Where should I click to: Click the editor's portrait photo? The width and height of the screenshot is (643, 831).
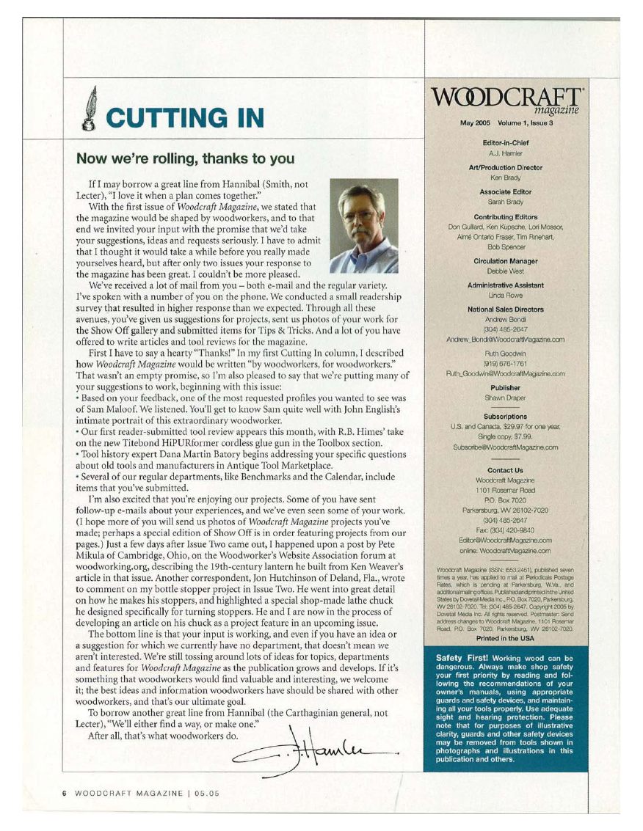pyautogui.click(x=364, y=226)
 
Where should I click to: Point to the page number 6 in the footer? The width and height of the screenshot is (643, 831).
pyautogui.click(x=65, y=793)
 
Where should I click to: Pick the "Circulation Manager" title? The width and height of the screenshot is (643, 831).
pyautogui.click(x=505, y=261)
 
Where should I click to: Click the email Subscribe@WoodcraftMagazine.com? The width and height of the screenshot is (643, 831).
pyautogui.click(x=505, y=447)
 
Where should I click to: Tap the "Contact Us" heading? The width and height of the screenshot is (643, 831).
pyautogui.click(x=505, y=470)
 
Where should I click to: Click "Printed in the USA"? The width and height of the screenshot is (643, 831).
pyautogui.click(x=505, y=638)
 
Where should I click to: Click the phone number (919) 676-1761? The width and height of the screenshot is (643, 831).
pyautogui.click(x=505, y=365)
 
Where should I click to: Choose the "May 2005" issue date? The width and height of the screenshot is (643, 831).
pyautogui.click(x=476, y=122)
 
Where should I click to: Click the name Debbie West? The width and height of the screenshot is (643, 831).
pyautogui.click(x=505, y=271)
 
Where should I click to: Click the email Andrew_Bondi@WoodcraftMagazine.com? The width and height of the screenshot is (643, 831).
pyautogui.click(x=505, y=340)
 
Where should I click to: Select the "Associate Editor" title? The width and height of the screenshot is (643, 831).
pyautogui.click(x=505, y=191)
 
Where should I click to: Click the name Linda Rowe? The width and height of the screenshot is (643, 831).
pyautogui.click(x=505, y=295)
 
